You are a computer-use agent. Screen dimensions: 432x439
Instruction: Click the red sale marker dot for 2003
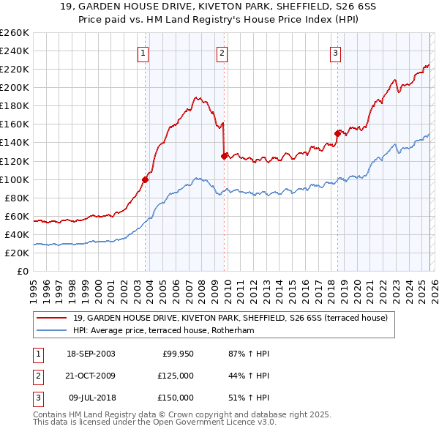tap(146, 179)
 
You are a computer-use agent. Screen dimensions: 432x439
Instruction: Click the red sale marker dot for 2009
tap(224, 155)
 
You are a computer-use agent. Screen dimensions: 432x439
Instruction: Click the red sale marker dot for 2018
tap(337, 133)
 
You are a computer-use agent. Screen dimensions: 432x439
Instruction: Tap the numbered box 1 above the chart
tap(143, 53)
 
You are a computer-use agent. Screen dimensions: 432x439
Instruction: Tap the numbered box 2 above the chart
tap(222, 53)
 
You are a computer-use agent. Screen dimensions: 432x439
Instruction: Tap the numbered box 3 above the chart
tap(334, 53)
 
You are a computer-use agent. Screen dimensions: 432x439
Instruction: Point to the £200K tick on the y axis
tap(15, 87)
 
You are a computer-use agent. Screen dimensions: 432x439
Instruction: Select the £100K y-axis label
tap(15, 179)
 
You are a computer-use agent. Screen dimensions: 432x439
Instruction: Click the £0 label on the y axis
tap(22, 271)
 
